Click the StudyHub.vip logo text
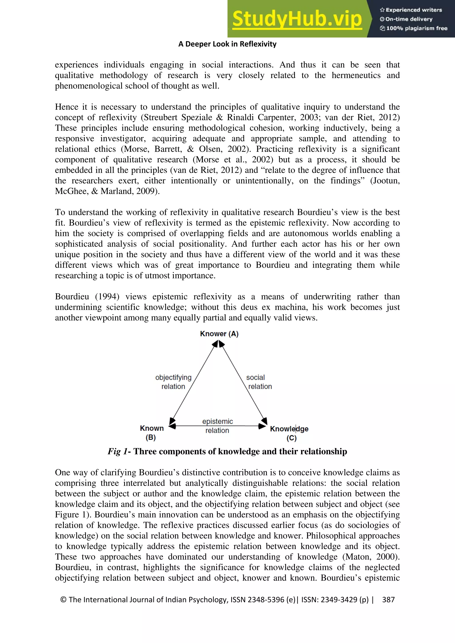click(x=297, y=19)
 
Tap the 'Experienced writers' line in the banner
click(x=411, y=10)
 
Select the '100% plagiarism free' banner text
click(x=414, y=28)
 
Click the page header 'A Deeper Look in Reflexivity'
click(x=227, y=44)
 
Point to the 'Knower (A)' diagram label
click(x=219, y=334)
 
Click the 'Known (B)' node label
click(x=152, y=432)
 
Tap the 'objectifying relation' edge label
click(x=174, y=382)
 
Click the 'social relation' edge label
click(x=259, y=382)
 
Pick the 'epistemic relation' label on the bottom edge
click(x=218, y=426)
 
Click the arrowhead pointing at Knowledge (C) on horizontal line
click(x=262, y=426)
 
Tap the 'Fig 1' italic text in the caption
click(x=118, y=452)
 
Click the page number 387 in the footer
click(x=388, y=600)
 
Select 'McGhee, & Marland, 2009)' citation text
click(x=107, y=191)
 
